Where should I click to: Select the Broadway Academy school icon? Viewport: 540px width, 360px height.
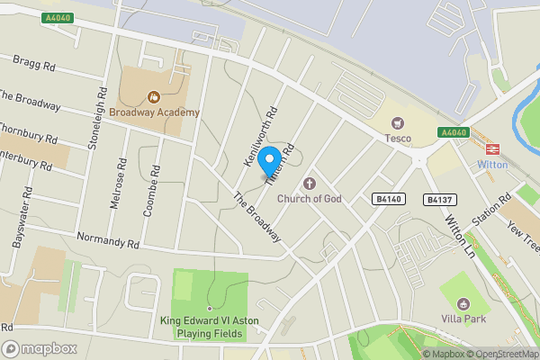pyautogui.click(x=152, y=95)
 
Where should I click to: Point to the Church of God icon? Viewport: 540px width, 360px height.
pyautogui.click(x=314, y=183)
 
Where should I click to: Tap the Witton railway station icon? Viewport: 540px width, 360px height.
pyautogui.click(x=492, y=149)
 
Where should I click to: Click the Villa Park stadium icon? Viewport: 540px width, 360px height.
pyautogui.click(x=464, y=303)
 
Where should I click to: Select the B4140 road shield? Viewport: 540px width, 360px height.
pyautogui.click(x=387, y=198)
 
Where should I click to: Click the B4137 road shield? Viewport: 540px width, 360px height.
pyautogui.click(x=439, y=200)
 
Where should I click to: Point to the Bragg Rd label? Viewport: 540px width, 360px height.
pyautogui.click(x=35, y=65)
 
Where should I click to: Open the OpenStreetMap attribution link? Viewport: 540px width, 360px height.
pyautogui.click(x=503, y=354)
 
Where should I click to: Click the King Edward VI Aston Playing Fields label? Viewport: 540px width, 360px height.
pyautogui.click(x=209, y=327)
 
